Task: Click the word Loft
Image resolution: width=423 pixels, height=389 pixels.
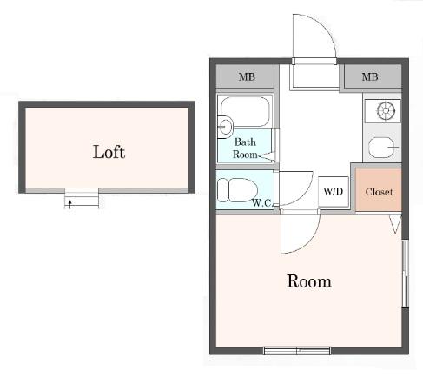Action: click(x=109, y=152)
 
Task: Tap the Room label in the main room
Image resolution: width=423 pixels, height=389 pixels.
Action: click(x=309, y=281)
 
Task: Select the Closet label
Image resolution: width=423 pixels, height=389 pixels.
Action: click(x=379, y=192)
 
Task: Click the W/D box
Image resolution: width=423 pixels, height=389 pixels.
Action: click(x=334, y=191)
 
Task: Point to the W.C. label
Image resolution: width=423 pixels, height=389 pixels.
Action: click(x=261, y=202)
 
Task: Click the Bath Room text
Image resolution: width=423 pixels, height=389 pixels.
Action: click(x=245, y=148)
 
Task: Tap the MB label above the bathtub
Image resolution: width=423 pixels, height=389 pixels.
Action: click(x=247, y=76)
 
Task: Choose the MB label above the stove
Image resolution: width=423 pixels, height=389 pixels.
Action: click(x=370, y=76)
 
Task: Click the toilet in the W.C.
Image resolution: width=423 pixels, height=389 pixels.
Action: click(x=237, y=190)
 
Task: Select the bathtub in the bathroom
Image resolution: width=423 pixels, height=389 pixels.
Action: click(x=245, y=111)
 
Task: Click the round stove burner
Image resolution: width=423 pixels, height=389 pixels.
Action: click(x=386, y=110)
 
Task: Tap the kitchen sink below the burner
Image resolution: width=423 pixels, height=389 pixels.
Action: click(x=382, y=148)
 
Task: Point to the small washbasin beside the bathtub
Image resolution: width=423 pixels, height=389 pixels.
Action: click(x=225, y=127)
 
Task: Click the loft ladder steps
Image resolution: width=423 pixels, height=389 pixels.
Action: click(x=82, y=198)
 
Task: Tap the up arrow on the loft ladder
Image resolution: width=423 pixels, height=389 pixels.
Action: click(x=69, y=203)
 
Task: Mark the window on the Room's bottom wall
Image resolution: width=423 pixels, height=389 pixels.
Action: click(x=297, y=351)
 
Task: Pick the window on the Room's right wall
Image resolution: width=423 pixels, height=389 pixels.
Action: click(x=406, y=273)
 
